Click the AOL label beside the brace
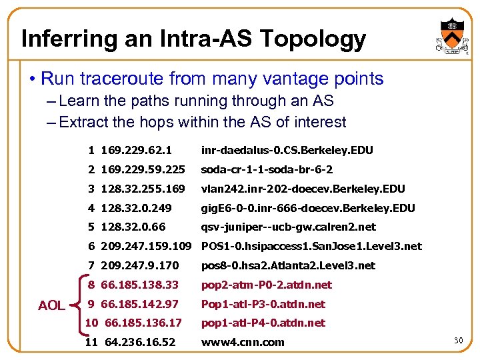[x=51, y=305]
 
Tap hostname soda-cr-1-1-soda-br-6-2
[x=267, y=170]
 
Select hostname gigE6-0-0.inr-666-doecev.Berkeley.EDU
[x=308, y=209]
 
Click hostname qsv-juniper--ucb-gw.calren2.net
[x=289, y=227]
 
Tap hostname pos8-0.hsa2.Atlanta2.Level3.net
[x=288, y=266]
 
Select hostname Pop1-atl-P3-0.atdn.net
[x=263, y=304]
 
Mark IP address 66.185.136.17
[x=140, y=323]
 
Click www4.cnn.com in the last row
[x=243, y=343]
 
